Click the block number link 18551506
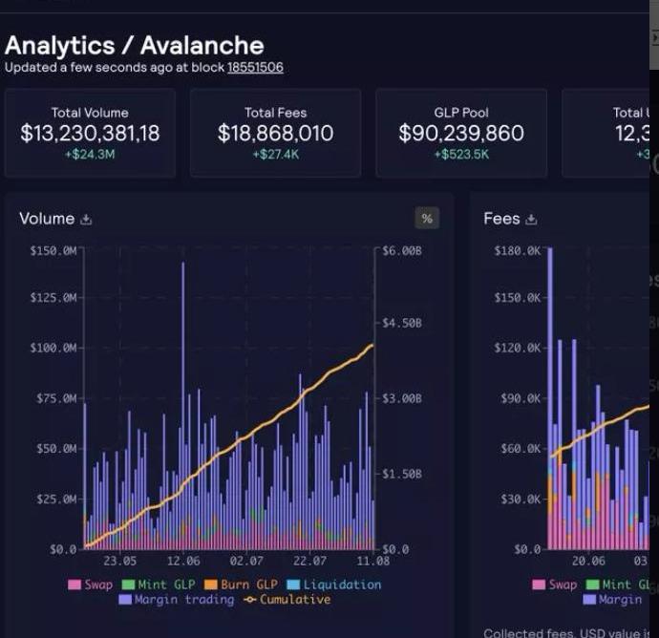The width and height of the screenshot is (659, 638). (255, 68)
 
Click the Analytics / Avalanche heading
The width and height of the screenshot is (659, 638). (134, 45)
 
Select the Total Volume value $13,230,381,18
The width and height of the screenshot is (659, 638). (90, 133)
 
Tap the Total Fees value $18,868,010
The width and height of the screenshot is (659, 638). (275, 133)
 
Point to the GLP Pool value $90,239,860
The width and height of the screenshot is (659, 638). (461, 133)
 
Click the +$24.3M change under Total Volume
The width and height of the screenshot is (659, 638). (90, 154)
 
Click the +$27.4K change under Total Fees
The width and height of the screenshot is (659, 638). (275, 154)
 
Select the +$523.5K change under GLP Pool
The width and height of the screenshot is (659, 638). (461, 154)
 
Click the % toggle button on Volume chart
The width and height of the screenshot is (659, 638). (427, 219)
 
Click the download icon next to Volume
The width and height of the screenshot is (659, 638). (86, 220)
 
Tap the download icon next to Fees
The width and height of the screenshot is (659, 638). (531, 220)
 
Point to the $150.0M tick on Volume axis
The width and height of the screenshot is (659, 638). (53, 250)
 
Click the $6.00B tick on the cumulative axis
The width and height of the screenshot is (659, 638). (402, 250)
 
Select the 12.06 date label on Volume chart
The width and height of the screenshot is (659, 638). (183, 562)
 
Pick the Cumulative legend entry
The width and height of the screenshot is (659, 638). (287, 600)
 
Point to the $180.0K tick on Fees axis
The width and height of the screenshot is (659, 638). (518, 250)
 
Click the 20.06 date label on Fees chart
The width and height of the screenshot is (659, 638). (588, 562)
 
